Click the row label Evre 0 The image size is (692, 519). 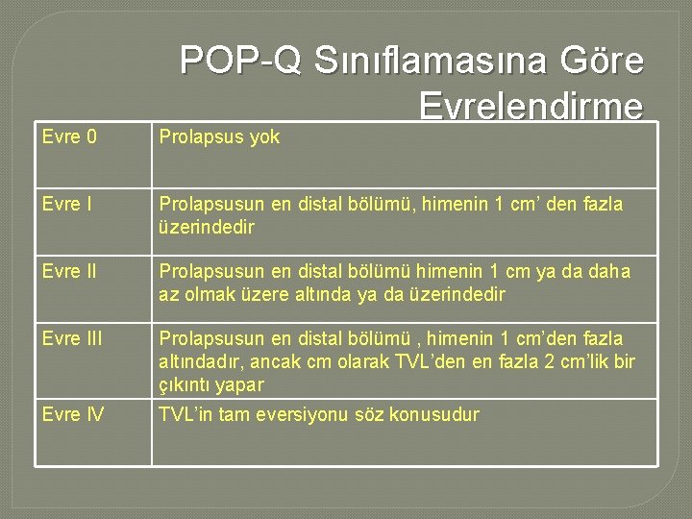69,137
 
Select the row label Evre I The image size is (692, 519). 66,205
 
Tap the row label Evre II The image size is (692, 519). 68,272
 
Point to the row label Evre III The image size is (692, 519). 71,339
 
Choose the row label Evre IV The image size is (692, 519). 71,415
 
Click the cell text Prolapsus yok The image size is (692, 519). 219,137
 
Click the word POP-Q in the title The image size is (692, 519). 240,62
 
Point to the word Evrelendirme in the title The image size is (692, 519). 531,106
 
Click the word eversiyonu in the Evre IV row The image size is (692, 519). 316,415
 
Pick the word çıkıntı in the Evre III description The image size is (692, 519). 185,385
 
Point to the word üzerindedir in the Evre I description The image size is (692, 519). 206,228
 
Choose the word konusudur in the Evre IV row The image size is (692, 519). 434,415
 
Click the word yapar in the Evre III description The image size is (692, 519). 239,385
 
